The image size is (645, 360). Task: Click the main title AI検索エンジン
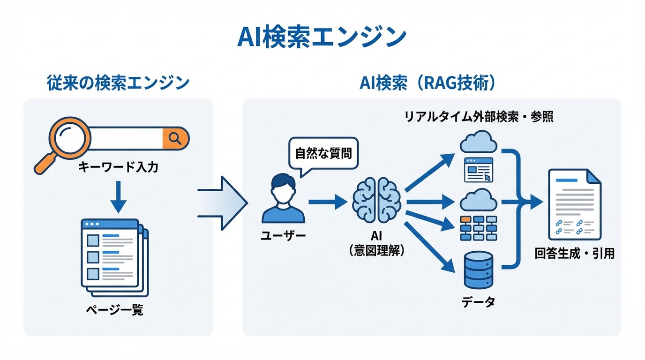point(322,37)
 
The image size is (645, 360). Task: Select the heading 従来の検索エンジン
point(118,83)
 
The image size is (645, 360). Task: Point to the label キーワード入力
point(118,167)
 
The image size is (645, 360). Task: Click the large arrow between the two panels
point(224,203)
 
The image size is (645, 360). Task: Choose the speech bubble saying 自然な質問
point(323,154)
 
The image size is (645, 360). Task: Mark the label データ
point(478,302)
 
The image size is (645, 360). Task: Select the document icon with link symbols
point(574,204)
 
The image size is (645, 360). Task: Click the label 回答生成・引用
point(574,254)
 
